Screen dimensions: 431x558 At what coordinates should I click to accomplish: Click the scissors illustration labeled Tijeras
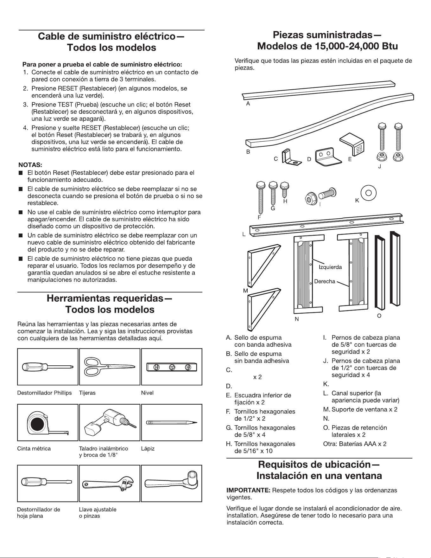click(109, 367)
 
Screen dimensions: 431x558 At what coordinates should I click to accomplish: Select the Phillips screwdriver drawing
click(48, 367)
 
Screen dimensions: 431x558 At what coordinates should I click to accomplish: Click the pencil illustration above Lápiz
click(172, 423)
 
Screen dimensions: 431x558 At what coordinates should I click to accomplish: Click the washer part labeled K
click(368, 192)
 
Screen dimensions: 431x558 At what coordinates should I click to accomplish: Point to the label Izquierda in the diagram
click(330, 267)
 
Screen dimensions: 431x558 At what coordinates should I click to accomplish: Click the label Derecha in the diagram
click(324, 281)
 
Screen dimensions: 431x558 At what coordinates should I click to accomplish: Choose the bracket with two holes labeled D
click(328, 157)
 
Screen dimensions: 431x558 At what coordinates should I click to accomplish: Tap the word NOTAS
click(30, 165)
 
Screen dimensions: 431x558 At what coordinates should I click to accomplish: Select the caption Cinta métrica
click(34, 449)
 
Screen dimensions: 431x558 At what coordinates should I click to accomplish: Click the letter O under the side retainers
click(379, 316)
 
